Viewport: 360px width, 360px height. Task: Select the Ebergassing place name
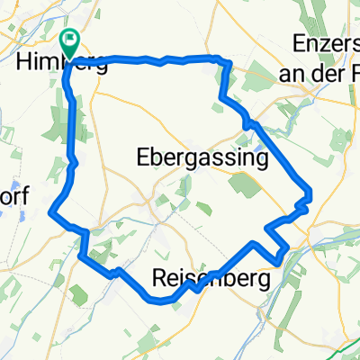click(202, 158)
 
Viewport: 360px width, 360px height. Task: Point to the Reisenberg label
click(211, 279)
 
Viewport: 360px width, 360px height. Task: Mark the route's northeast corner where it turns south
click(223, 61)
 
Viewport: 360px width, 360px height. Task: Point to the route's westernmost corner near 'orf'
click(51, 213)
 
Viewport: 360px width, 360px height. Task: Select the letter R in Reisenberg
click(160, 279)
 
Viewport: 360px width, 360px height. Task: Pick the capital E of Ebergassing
click(142, 158)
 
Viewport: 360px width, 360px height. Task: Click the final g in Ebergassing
click(262, 161)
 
